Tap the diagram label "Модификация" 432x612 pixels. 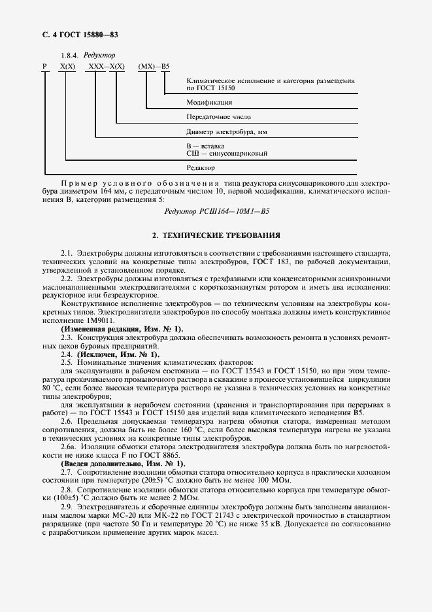[x=209, y=103]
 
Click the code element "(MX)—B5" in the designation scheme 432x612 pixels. [x=154, y=67]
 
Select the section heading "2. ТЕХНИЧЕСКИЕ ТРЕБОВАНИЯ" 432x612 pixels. [x=216, y=234]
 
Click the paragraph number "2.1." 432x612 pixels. [x=67, y=252]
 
